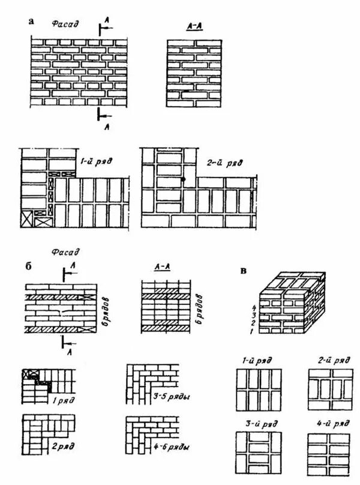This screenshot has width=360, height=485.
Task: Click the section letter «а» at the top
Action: pos(31,22)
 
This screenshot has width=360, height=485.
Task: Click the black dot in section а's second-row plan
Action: pos(184,179)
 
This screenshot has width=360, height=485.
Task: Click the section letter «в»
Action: pos(243,270)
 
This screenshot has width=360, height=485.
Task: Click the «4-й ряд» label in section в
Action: pos(328,424)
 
